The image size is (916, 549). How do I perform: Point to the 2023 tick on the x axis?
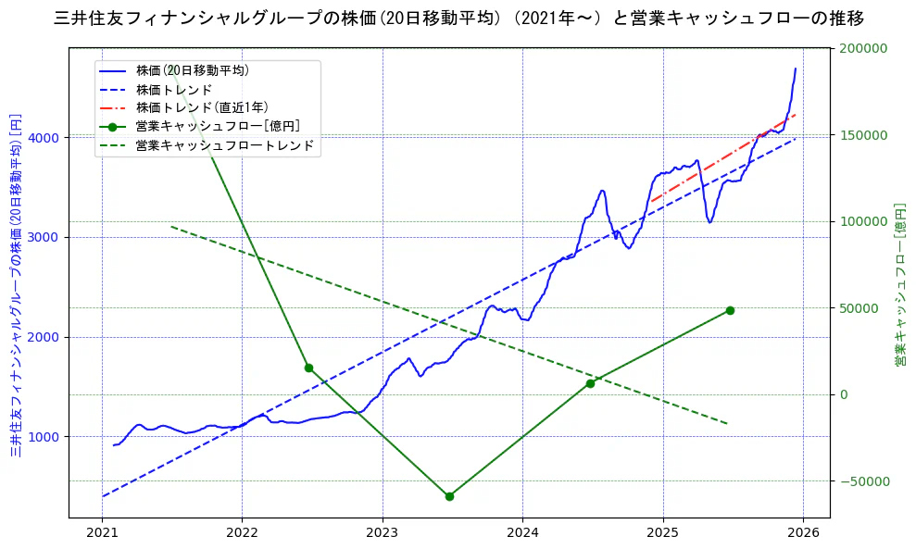pos(383,532)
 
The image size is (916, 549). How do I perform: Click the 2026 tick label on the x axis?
pos(803,532)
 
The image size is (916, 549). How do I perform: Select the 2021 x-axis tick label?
pos(102,532)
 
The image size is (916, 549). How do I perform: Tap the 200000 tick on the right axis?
pos(862,48)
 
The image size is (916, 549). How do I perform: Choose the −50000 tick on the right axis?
pos(862,481)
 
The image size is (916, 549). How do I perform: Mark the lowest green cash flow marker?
pos(449,496)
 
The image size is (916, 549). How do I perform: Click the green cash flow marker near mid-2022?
pos(308,368)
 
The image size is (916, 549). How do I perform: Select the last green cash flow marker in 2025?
pos(730,310)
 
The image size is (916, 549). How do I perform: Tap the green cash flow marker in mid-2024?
pos(590,383)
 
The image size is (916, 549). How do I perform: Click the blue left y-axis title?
pos(16,285)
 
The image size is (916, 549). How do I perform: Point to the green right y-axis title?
pos(900,285)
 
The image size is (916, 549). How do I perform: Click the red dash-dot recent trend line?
pos(722,158)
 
